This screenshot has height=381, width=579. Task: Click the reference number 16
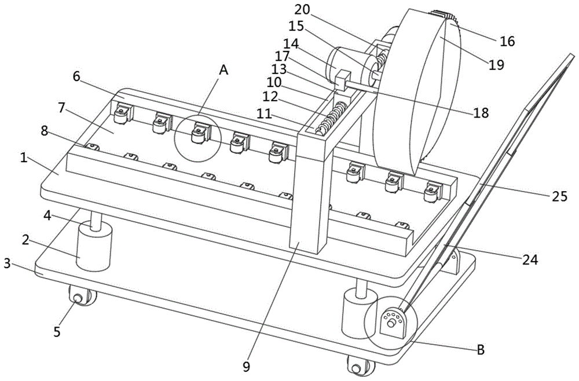(x=507, y=41)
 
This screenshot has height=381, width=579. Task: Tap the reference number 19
(x=496, y=64)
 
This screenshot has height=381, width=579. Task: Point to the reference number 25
(x=559, y=196)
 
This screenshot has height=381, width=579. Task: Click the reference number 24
(x=529, y=261)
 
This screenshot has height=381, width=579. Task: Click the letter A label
(x=223, y=70)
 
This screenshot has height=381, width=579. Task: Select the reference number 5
(x=57, y=331)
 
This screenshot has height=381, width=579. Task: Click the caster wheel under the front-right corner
(x=358, y=367)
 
